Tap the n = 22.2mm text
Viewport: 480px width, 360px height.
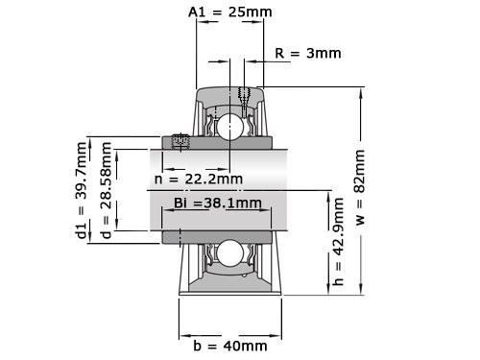coord(199,179)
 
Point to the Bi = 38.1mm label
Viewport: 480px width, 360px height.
coord(218,203)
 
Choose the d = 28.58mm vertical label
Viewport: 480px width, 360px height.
coord(106,191)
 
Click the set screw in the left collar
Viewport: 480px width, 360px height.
coord(180,142)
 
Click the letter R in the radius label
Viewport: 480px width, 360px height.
coord(279,53)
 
